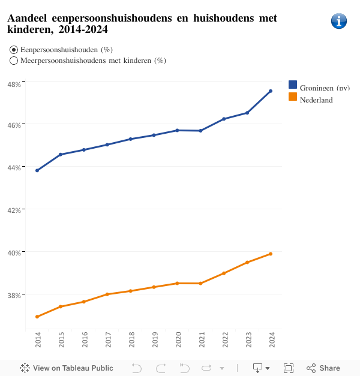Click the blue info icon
pyautogui.click(x=339, y=21)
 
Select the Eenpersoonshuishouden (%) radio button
pyautogui.click(x=14, y=50)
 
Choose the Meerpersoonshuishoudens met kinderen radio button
pyautogui.click(x=14, y=61)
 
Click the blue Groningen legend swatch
pyautogui.click(x=293, y=85)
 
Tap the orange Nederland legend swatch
pyautogui.click(x=293, y=97)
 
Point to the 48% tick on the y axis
pyautogui.click(x=14, y=84)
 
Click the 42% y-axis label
pyautogui.click(x=14, y=210)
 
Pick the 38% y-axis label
pyautogui.click(x=14, y=295)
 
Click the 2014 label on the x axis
pyautogui.click(x=38, y=341)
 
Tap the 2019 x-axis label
pyautogui.click(x=154, y=341)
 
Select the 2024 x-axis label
pyautogui.click(x=271, y=341)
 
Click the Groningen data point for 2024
pyautogui.click(x=271, y=91)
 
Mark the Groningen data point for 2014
pyautogui.click(x=37, y=170)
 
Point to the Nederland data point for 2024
pyautogui.click(x=271, y=254)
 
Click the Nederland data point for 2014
pyautogui.click(x=37, y=317)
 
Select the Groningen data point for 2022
pyautogui.click(x=224, y=119)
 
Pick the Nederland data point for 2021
pyautogui.click(x=200, y=283)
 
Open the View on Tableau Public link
pyautogui.click(x=67, y=368)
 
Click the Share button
pyautogui.click(x=323, y=368)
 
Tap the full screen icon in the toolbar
pyautogui.click(x=288, y=368)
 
